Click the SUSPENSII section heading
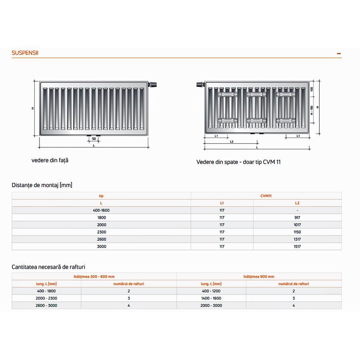click(25, 53)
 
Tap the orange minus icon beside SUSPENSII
click(339, 53)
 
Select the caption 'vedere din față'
click(50, 160)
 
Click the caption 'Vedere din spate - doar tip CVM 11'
click(238, 162)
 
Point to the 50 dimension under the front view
click(94, 138)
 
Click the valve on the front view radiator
click(154, 84)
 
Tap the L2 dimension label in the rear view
click(232, 142)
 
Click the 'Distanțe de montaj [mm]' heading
click(42, 185)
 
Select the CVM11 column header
click(266, 196)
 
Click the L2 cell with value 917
click(297, 218)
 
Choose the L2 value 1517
click(297, 246)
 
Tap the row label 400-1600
click(101, 210)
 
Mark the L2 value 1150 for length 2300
click(297, 232)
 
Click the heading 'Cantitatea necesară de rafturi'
click(48, 267)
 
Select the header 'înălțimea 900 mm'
click(259, 276)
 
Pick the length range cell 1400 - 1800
click(211, 298)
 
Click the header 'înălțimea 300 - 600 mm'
click(94, 276)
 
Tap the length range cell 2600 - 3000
click(46, 305)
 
